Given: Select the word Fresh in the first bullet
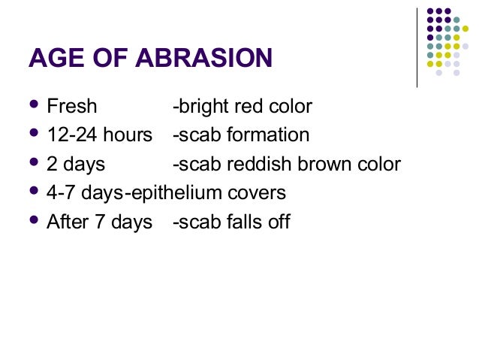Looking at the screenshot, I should (x=72, y=107).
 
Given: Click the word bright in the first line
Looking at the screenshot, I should (x=199, y=107).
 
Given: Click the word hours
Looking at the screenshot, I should (x=128, y=135).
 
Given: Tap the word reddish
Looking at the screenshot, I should (x=248, y=164).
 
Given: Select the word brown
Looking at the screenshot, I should (x=311, y=164).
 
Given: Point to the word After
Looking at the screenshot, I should (x=68, y=222).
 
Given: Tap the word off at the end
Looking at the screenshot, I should (x=278, y=222).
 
